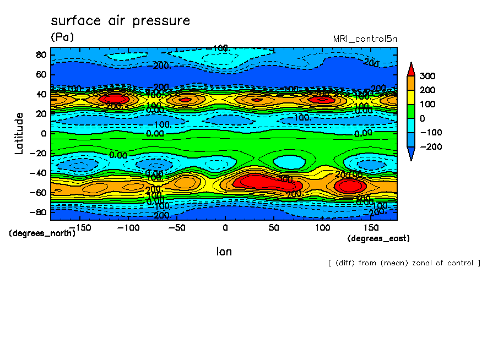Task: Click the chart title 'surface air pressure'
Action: click(x=120, y=21)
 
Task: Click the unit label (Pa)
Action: click(x=62, y=37)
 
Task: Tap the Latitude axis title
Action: click(x=19, y=133)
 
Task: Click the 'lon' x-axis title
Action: click(x=224, y=252)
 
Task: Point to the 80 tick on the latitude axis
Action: click(x=41, y=54)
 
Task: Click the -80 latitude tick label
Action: click(x=39, y=212)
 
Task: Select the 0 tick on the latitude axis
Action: click(x=44, y=133)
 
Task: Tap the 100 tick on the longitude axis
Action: click(x=322, y=227)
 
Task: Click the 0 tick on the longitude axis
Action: click(x=225, y=227)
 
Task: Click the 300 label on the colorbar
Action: click(x=427, y=76)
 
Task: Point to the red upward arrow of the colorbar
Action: click(x=411, y=69)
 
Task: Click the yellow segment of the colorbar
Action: click(x=411, y=97)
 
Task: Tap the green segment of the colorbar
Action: click(x=411, y=111)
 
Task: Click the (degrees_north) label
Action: click(x=42, y=233)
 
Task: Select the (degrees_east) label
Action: click(x=378, y=238)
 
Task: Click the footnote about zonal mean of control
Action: click(x=404, y=263)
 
